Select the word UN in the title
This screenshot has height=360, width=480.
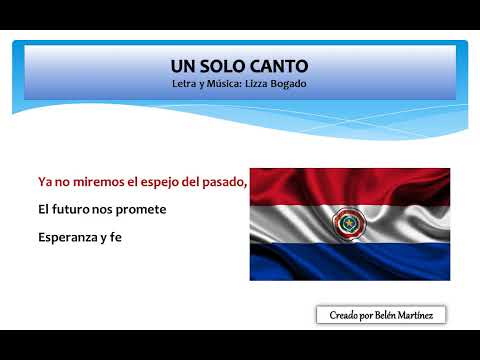coord(184,66)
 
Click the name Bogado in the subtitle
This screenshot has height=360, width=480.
coord(285,84)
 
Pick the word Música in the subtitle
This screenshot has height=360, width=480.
coord(214,84)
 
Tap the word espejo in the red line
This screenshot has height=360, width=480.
coord(148,182)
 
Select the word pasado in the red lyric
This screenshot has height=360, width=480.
coord(220,182)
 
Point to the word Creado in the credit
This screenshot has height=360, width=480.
coord(345,315)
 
